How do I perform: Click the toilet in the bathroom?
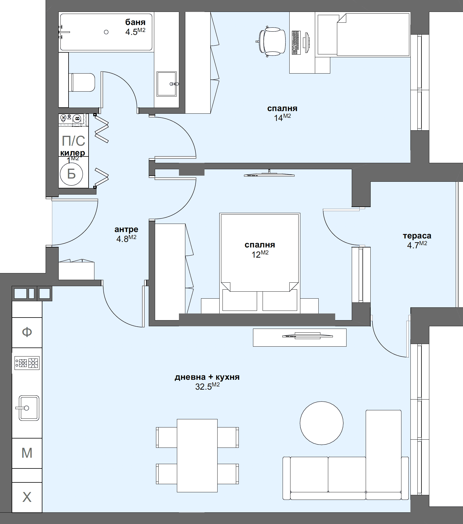coord(83,82)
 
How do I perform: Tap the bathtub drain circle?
coord(106,32)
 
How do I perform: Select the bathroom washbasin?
coord(166,84)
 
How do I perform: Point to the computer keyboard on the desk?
coord(296,43)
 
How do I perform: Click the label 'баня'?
coord(135,22)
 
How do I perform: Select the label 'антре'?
coord(126,229)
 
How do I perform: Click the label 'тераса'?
coord(417,236)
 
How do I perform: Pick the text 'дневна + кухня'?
coord(207,377)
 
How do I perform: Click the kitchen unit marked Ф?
coord(27,332)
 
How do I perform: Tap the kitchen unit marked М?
coord(27,453)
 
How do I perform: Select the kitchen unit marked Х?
coord(27,497)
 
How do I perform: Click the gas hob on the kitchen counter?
coord(27,363)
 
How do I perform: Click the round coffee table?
coord(322,423)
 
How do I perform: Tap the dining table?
coord(197,455)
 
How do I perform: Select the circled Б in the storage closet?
coord(71,174)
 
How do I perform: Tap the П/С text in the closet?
coord(73,141)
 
